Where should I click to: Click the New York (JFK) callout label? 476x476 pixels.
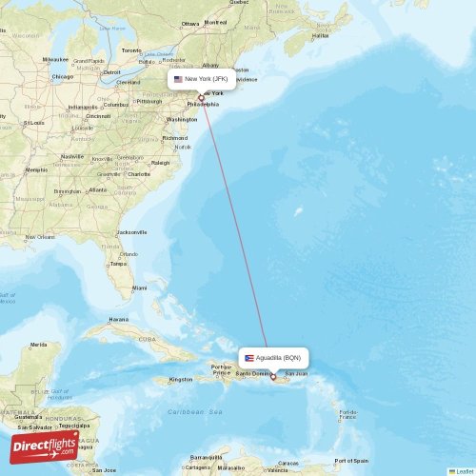click(x=201, y=80)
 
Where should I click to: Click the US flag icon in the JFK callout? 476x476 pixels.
click(x=178, y=80)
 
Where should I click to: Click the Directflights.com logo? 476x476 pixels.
click(x=45, y=445)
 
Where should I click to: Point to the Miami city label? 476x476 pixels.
click(x=140, y=287)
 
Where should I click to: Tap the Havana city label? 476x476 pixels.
click(x=118, y=319)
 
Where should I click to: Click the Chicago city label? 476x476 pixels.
click(x=63, y=76)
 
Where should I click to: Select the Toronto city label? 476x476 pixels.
click(x=131, y=50)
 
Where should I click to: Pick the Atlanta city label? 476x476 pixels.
click(x=97, y=189)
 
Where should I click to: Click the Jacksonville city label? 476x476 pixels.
click(x=131, y=232)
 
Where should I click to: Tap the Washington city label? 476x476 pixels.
click(x=182, y=120)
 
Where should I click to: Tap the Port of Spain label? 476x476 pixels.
click(x=353, y=461)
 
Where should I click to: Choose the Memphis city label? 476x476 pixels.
click(x=37, y=169)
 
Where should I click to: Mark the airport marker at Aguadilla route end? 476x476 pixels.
click(x=274, y=375)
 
